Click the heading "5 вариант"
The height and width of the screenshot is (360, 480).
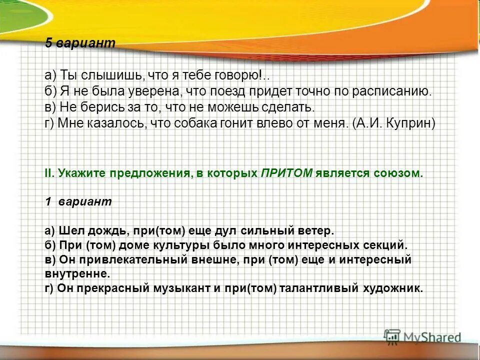[80, 43]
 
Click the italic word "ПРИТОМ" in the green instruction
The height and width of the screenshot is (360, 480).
[287, 173]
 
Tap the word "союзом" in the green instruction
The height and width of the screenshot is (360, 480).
[397, 173]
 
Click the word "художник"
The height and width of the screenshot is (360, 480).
[394, 288]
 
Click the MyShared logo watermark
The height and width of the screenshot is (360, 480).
[422, 337]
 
